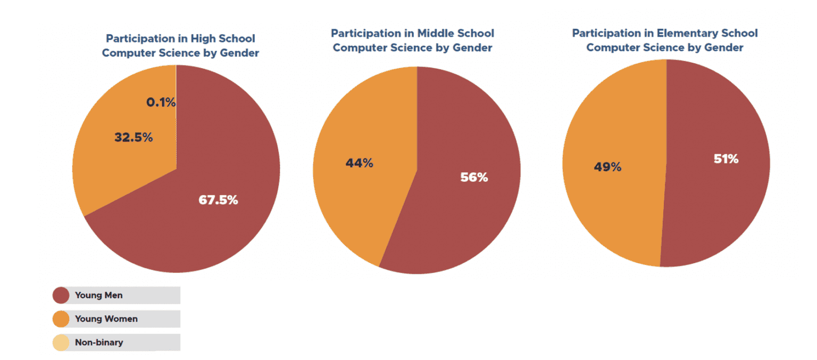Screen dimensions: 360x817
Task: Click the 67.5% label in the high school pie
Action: [218, 200]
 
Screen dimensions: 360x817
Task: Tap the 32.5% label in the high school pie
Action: [134, 137]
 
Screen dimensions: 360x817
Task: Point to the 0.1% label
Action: [161, 102]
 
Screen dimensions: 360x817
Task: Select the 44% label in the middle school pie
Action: [359, 163]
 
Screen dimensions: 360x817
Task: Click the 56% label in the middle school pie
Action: [474, 178]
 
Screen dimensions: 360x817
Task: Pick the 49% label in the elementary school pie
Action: [607, 167]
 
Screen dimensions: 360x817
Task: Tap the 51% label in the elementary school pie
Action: [726, 158]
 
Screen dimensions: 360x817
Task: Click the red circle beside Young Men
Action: [61, 295]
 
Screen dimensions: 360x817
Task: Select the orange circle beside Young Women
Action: [61, 319]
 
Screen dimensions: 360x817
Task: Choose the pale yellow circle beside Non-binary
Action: [61, 342]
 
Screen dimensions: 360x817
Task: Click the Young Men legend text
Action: [98, 295]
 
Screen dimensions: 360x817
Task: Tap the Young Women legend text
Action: [106, 319]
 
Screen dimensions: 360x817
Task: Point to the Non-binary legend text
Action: [98, 342]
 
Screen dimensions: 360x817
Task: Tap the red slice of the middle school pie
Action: [457, 223]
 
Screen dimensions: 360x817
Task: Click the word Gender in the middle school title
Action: [472, 48]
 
